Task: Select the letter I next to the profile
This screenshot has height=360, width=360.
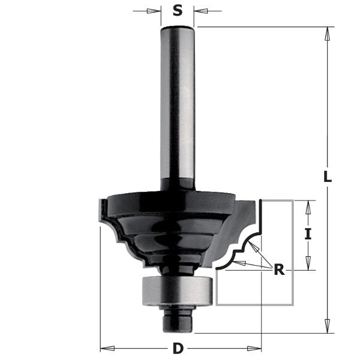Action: (308, 235)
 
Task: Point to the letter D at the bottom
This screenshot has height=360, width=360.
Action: (178, 347)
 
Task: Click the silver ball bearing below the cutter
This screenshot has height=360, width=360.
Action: (178, 292)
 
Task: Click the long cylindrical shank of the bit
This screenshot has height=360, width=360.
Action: (178, 108)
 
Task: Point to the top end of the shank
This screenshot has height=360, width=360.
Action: (178, 28)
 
